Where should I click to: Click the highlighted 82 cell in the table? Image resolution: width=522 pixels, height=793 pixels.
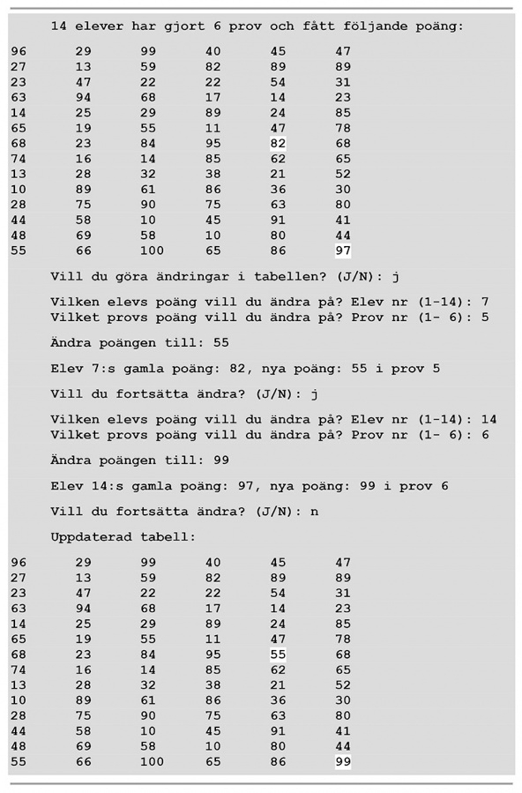point(278,144)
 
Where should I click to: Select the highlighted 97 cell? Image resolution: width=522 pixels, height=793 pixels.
point(343,251)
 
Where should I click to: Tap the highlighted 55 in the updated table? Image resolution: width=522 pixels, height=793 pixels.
point(278,655)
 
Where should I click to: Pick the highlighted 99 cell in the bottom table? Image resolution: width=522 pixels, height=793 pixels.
point(343,762)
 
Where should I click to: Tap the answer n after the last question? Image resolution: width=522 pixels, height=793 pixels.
point(315,512)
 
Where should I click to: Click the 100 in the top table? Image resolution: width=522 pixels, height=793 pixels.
point(152,251)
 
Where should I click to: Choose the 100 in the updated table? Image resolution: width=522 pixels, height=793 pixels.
point(152,762)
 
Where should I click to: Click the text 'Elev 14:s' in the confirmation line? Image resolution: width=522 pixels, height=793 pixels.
point(87,486)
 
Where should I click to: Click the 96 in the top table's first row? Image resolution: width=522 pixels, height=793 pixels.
point(19,52)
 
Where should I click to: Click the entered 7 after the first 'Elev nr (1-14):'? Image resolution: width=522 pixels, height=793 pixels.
point(485,302)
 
